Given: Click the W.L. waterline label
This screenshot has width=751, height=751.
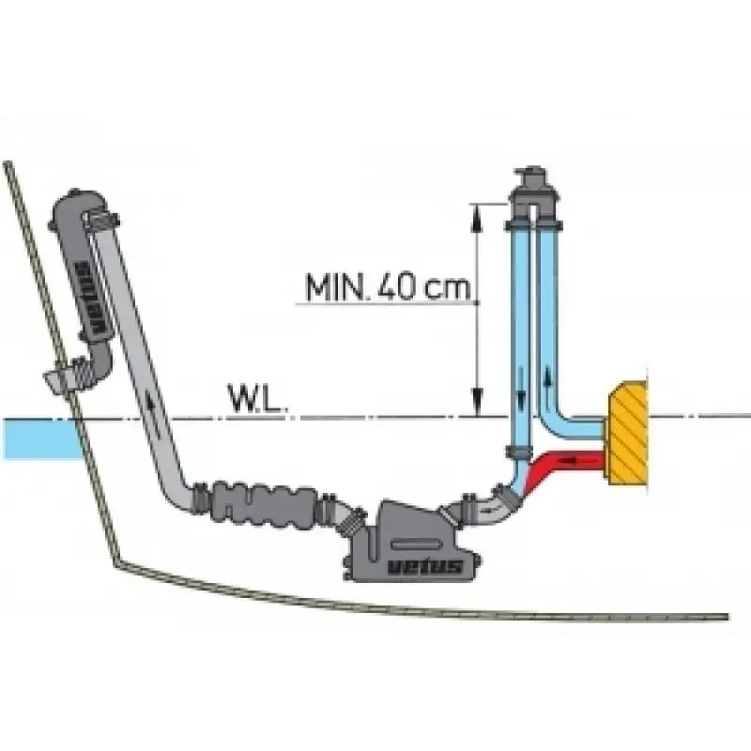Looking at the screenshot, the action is (x=258, y=398).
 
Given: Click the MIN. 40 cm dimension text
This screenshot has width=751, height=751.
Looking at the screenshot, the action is (x=388, y=286).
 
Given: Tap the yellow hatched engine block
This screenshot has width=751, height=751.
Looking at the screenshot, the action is (x=627, y=433).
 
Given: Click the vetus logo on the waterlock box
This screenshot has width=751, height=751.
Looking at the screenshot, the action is (x=424, y=567).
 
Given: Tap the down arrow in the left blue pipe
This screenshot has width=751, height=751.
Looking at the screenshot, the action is (x=522, y=394).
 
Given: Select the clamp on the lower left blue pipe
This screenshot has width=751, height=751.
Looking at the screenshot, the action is (x=519, y=452).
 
